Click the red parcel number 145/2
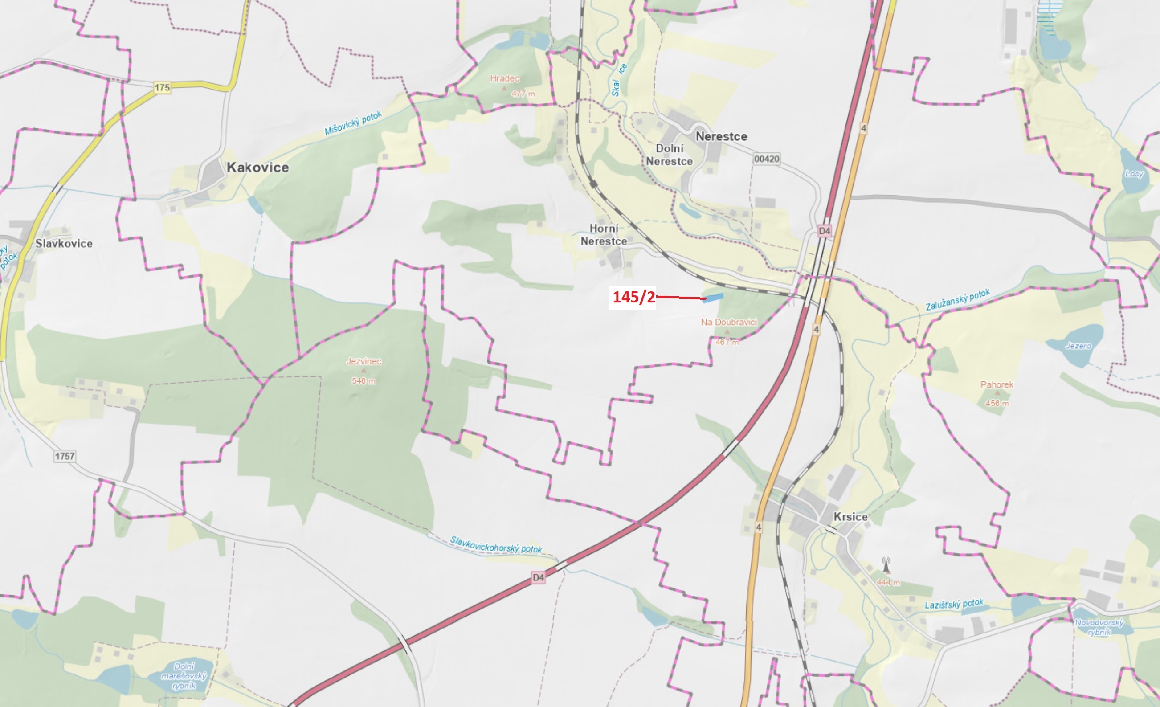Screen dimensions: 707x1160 pos(633,297)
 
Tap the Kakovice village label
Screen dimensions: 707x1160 pos(257,167)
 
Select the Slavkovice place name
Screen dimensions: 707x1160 pos(64,243)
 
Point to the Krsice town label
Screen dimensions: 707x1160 pos(850,516)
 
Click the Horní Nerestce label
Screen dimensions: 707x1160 pos(604,234)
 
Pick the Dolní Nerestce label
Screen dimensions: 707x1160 pos(669,155)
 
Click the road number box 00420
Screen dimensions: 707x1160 pos(766,159)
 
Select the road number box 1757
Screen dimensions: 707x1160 pos(65,456)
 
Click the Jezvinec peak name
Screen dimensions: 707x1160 pos(364,361)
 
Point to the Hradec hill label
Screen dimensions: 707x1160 pos(504,78)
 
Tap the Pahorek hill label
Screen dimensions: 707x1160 pos(997,384)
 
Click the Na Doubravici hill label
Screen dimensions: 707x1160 pos(728,322)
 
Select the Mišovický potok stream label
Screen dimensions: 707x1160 pos(353,123)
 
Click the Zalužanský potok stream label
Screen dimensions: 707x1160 pos(958,300)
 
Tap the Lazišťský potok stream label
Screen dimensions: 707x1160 pos(954,604)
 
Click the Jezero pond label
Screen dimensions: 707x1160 pos(1078,346)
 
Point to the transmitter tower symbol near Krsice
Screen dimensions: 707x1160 pos(886,565)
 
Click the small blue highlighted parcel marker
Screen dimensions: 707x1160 pos(713,298)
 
